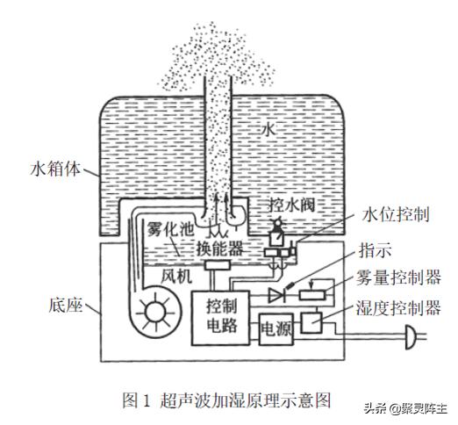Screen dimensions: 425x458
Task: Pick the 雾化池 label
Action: [169, 229]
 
